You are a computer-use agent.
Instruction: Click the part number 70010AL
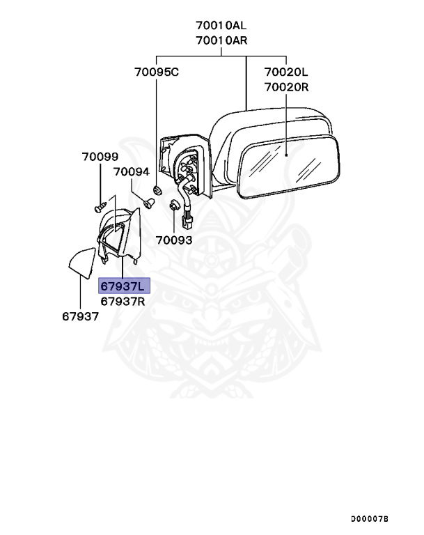tap(221, 25)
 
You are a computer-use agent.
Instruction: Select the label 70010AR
tap(221, 40)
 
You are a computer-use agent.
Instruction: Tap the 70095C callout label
tap(157, 72)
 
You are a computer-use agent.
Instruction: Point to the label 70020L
tap(286, 72)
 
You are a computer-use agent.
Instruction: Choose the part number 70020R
tap(287, 87)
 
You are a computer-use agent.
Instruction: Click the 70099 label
tap(100, 157)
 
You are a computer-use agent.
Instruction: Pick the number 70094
tap(132, 171)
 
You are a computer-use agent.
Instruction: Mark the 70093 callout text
tap(174, 240)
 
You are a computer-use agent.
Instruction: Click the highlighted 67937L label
tap(124, 286)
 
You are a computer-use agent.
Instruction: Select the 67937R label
tap(123, 301)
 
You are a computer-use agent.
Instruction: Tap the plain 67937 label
tap(81, 316)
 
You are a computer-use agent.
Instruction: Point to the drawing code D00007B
tap(370, 519)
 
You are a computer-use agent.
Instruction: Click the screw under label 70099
tap(100, 207)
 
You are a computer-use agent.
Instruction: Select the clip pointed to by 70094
tap(149, 203)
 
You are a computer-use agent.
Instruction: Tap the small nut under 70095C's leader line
tap(157, 190)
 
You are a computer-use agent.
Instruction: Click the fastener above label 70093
tap(174, 206)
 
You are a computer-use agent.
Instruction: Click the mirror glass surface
tap(289, 166)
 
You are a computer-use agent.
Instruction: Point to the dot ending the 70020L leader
tap(286, 155)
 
